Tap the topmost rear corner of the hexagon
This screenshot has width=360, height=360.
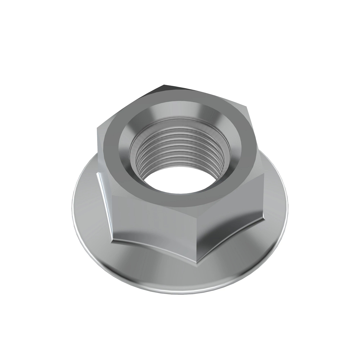point(164,85)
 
